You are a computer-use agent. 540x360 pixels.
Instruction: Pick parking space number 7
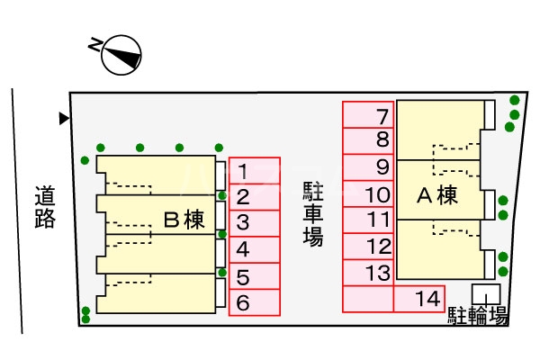368,115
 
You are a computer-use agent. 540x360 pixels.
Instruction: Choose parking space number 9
368,167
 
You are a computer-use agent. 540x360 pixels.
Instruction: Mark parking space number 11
368,220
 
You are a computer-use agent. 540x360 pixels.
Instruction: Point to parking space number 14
418,299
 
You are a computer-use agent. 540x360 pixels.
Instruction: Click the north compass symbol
121,55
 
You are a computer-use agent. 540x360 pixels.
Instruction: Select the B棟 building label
184,219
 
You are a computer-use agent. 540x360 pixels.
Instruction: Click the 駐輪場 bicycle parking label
478,316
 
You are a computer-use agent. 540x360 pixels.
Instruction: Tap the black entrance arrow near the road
63,118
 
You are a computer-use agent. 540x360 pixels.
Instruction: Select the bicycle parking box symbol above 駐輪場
487,294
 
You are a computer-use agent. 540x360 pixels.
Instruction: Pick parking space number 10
368,193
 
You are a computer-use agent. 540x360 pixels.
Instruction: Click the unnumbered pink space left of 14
367,299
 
